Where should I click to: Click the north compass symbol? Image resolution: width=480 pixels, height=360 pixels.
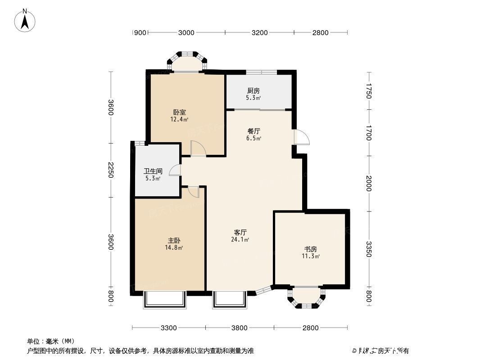(x=26, y=21)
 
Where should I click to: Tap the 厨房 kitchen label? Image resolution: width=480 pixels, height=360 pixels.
(x=254, y=90)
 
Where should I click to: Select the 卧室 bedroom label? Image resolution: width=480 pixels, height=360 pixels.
(x=179, y=112)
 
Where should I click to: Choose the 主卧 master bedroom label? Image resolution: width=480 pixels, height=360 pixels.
(x=173, y=241)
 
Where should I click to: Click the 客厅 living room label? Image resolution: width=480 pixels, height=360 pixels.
(x=240, y=233)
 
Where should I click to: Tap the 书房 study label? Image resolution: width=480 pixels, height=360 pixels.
(x=311, y=249)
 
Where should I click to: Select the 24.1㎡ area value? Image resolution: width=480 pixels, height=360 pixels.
(x=240, y=240)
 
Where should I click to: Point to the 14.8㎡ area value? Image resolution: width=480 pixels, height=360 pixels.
(x=173, y=247)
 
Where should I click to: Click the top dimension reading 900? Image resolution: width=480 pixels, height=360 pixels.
(x=140, y=32)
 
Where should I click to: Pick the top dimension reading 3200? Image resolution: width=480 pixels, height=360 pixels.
(x=259, y=32)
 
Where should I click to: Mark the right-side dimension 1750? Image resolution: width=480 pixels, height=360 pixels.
(x=369, y=91)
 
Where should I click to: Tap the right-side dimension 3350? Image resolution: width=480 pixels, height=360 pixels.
(x=369, y=249)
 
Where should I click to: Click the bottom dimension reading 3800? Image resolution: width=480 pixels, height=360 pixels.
(x=239, y=328)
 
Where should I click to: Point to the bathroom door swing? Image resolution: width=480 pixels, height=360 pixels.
(x=175, y=170)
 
